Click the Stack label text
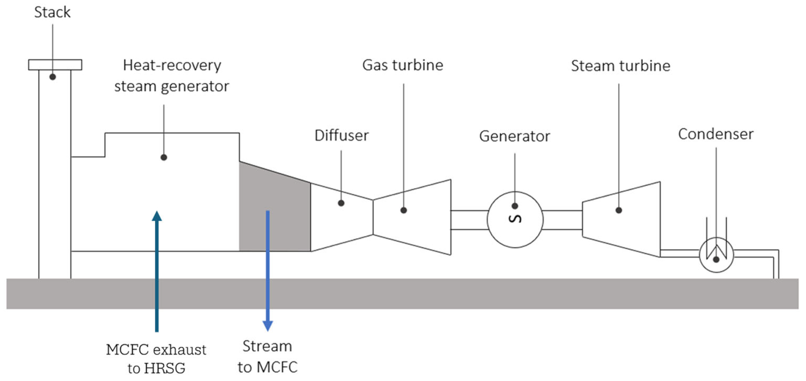click(x=52, y=12)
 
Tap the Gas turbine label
click(x=403, y=65)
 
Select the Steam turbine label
click(x=621, y=66)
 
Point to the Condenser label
click(x=716, y=134)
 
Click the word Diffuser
click(x=342, y=135)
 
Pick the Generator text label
click(x=514, y=136)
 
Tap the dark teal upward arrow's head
click(x=157, y=216)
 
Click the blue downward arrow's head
click(x=268, y=326)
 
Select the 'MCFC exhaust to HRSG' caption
click(x=156, y=359)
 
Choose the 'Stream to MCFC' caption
click(x=268, y=357)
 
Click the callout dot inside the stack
click(x=53, y=77)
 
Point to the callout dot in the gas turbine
click(x=404, y=210)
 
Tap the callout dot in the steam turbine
click(x=619, y=210)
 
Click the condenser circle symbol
click(x=716, y=255)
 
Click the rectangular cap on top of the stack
click(x=55, y=65)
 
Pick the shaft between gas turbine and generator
click(x=469, y=220)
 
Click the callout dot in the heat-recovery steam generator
click(x=164, y=157)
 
